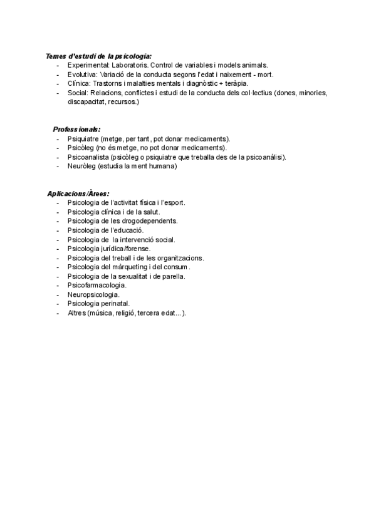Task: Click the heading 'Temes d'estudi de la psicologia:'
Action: (98, 56)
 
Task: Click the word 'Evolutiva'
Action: (82, 74)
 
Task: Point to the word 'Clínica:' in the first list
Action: (79, 83)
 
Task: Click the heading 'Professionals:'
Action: (77, 130)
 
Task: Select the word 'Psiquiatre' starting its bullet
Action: (83, 138)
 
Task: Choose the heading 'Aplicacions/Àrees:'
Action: (78, 193)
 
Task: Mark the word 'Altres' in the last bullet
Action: (77, 312)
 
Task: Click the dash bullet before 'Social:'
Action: (58, 92)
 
